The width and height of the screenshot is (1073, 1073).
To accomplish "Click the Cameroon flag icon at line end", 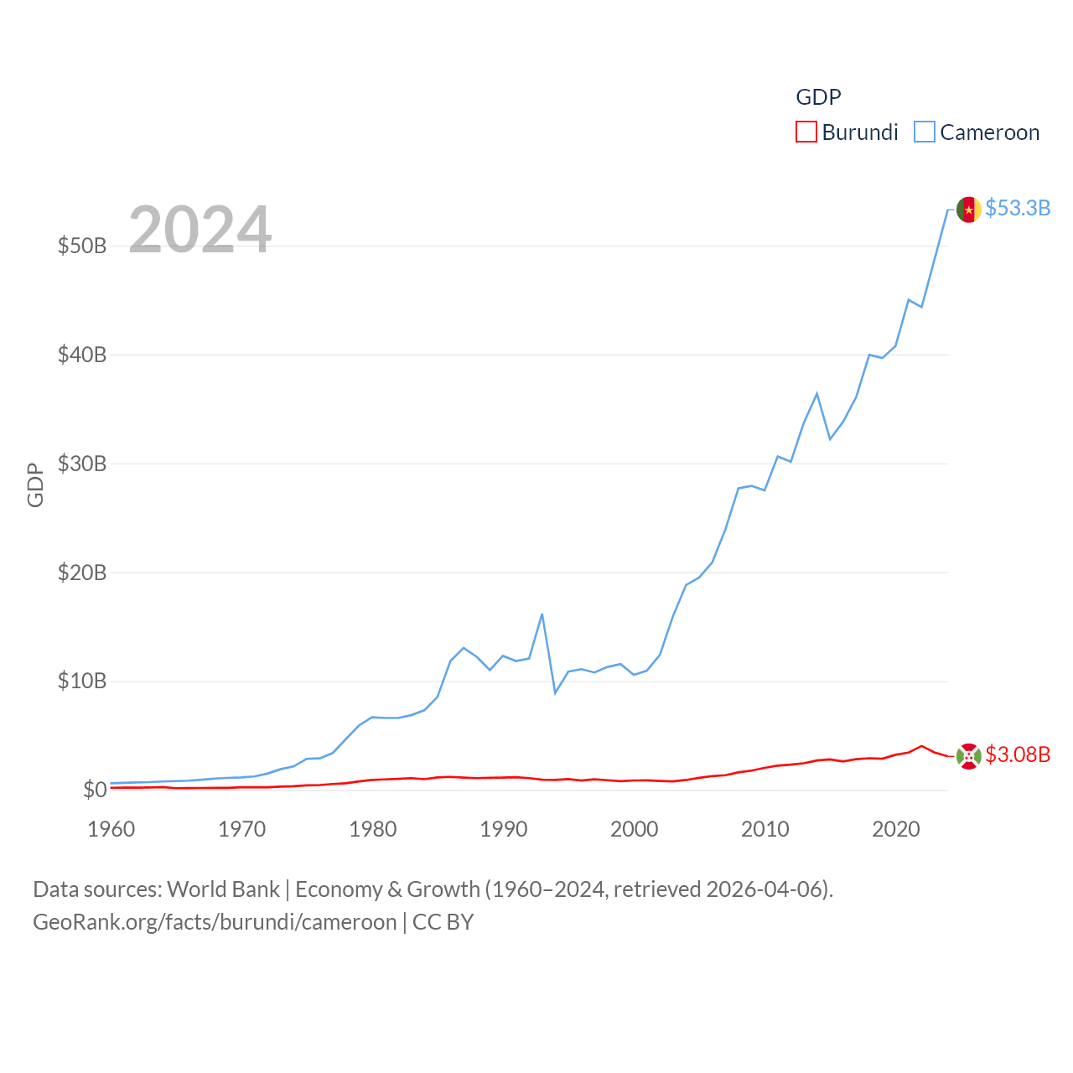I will [968, 210].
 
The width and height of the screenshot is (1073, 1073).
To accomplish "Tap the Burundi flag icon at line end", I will [968, 756].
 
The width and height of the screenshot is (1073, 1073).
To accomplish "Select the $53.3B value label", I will [1018, 208].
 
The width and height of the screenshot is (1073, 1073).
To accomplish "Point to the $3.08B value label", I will [1018, 754].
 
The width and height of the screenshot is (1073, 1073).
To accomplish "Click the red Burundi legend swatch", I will [806, 132].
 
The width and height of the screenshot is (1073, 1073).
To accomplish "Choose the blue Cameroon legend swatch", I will [924, 132].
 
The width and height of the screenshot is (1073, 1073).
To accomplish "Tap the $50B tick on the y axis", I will [82, 246].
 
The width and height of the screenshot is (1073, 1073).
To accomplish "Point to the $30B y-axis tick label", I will [82, 464].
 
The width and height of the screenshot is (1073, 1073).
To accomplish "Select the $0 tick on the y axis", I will [95, 790].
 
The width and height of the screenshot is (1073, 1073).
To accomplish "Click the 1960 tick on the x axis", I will [111, 829].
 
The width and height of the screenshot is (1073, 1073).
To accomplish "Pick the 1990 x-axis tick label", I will [503, 829].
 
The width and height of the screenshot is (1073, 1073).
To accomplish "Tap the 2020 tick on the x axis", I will [895, 829].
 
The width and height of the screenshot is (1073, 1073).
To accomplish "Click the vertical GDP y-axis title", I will [35, 485].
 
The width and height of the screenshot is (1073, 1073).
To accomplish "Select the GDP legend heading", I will [817, 97].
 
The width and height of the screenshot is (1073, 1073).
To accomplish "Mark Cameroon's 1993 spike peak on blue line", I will [542, 614].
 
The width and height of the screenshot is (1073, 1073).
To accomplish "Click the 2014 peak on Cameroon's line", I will [816, 393].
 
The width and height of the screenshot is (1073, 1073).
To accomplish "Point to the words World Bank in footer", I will [223, 889].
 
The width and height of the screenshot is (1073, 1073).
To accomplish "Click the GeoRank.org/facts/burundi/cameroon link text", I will [215, 922].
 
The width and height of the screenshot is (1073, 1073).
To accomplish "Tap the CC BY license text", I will [443, 922].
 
